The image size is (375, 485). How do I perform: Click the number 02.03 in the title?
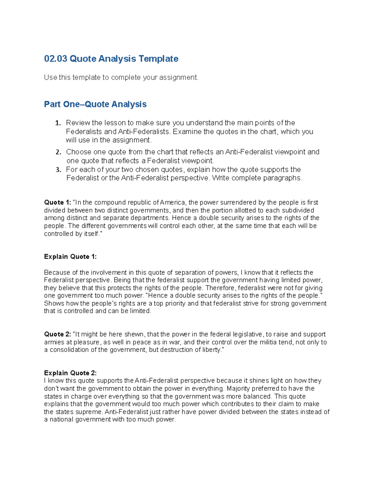click(56, 59)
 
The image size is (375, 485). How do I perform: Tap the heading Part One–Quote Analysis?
click(95, 104)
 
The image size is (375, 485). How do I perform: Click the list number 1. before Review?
click(58, 123)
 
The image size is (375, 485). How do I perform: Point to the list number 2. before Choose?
click(58, 152)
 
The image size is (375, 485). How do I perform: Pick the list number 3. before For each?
click(58, 170)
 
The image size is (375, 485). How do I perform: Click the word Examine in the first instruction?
click(187, 131)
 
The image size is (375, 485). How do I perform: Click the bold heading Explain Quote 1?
click(70, 257)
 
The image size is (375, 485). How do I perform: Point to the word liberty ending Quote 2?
click(211, 350)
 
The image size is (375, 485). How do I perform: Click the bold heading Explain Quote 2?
click(70, 373)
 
